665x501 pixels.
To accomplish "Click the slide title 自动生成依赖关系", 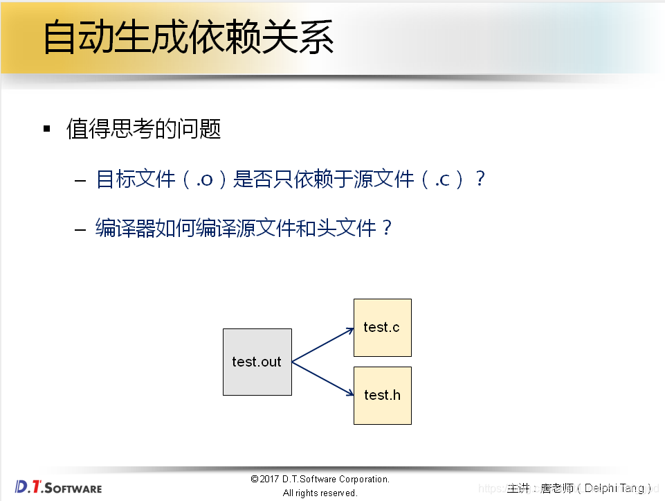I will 188,37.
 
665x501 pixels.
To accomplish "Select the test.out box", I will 257,362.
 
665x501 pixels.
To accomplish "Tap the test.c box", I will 382,328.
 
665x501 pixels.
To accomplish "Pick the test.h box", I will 382,395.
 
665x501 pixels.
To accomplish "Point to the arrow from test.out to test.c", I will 323,345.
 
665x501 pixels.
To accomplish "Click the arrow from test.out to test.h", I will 323,379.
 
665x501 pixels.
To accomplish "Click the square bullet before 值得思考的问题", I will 47,129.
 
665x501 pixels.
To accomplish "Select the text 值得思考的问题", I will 143,129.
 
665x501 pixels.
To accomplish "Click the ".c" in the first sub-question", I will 443,179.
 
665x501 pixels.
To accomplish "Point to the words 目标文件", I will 136,179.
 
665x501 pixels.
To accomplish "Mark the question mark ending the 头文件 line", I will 387,228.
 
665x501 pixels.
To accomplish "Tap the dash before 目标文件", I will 80,180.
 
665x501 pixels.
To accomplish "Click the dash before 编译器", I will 80,229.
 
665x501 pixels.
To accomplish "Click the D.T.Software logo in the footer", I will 58,487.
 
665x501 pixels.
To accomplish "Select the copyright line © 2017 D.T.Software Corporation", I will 320,479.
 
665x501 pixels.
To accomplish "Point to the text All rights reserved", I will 320,493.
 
